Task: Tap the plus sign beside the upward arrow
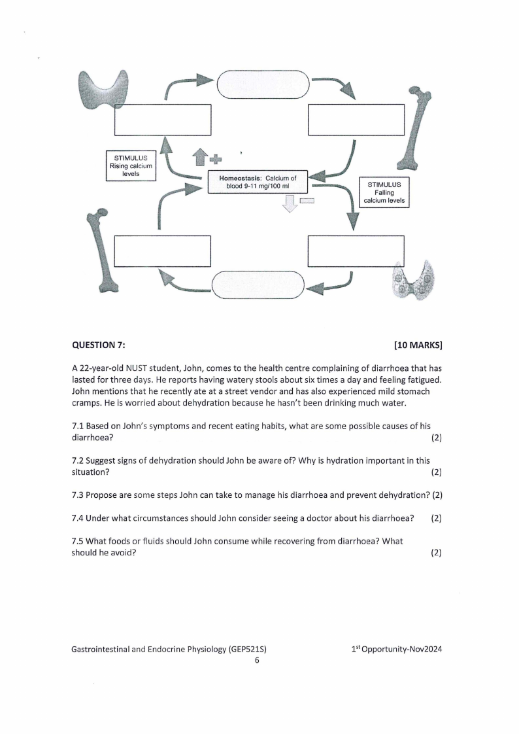[x=214, y=158]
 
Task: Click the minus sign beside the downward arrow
[x=307, y=201]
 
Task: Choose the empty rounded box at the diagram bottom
[x=258, y=285]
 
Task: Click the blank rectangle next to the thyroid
[x=163, y=120]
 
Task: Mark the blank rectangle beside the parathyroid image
[x=356, y=251]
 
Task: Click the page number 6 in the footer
[x=257, y=660]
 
